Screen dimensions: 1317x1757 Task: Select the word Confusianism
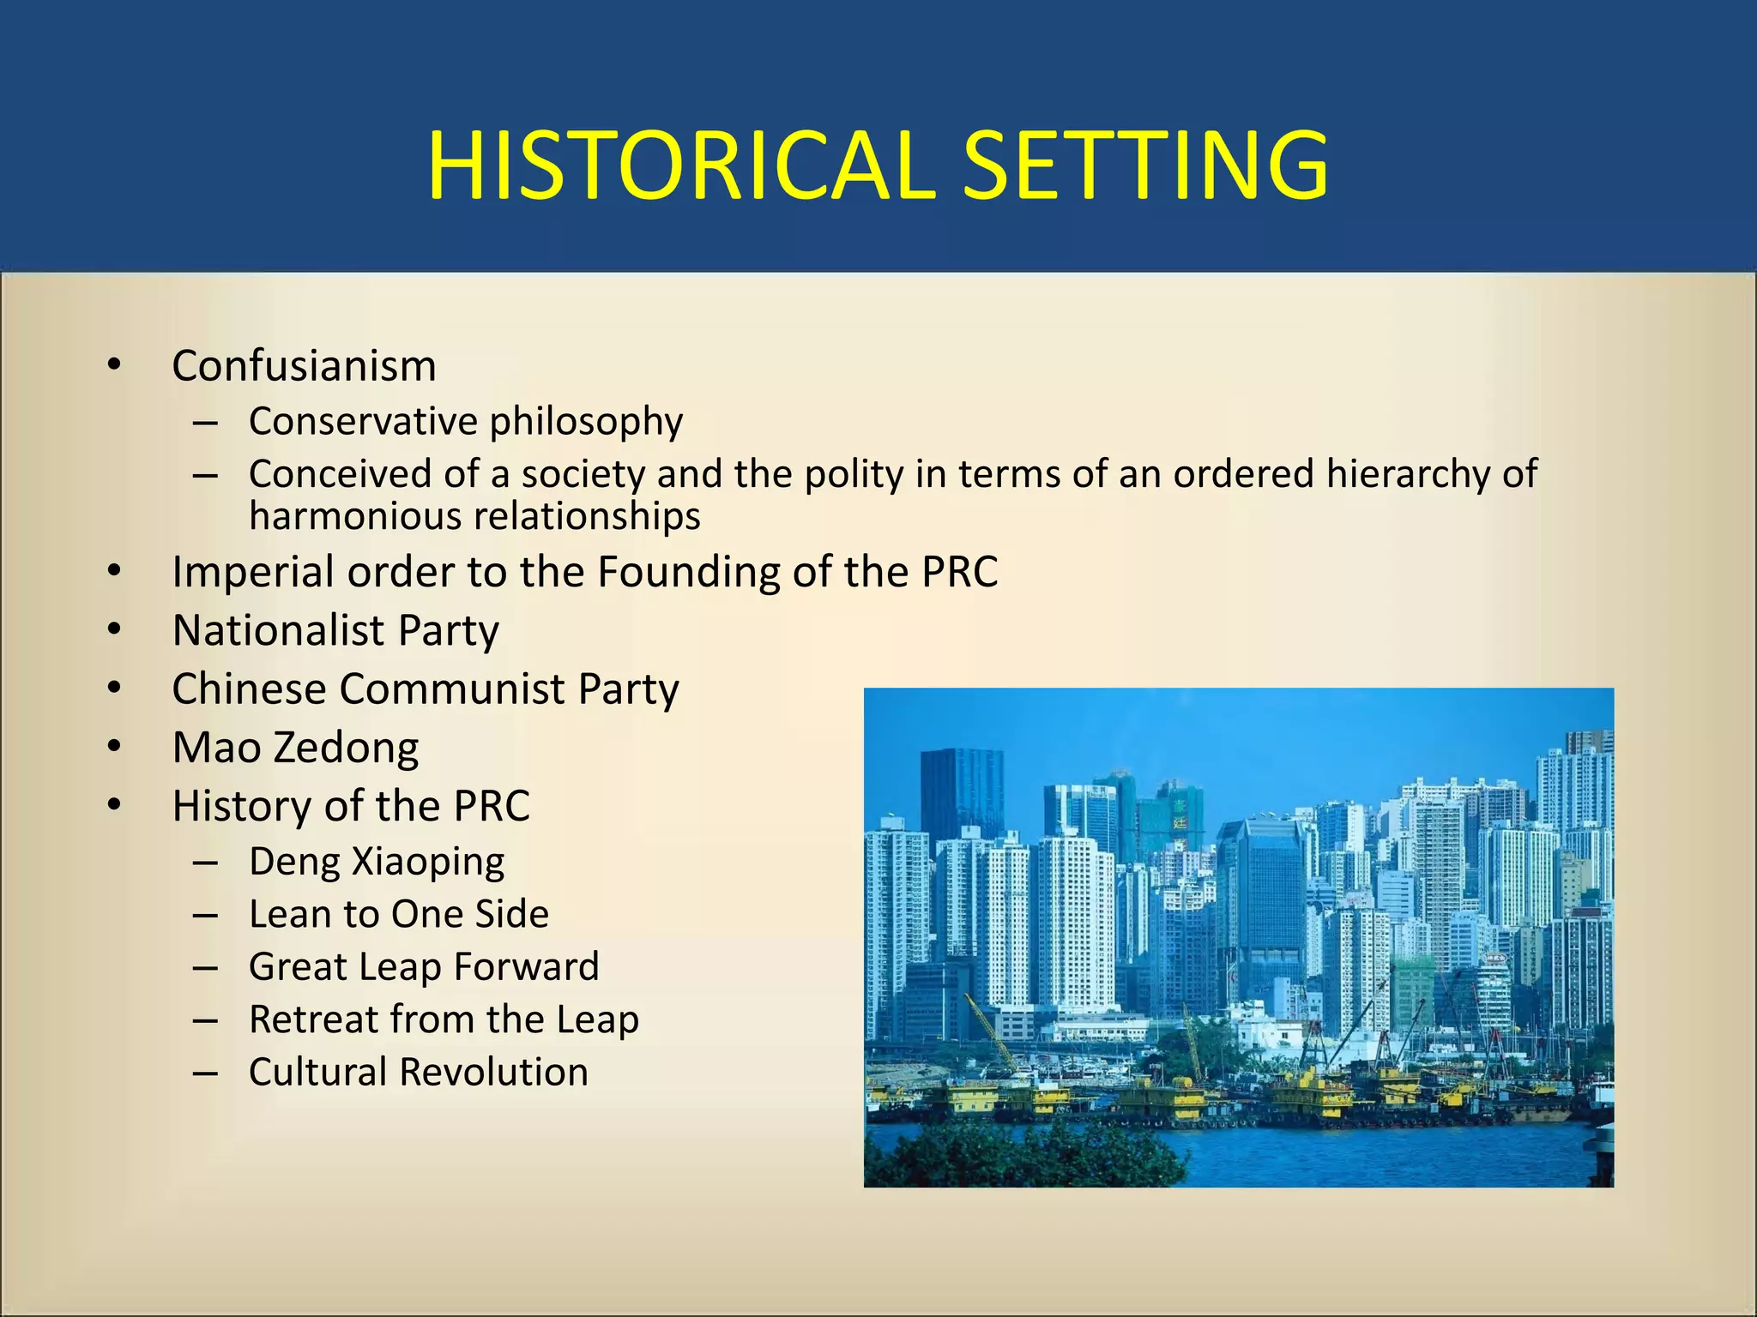tap(304, 366)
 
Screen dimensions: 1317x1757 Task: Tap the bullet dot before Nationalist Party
tap(115, 630)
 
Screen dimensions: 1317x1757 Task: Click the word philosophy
tap(586, 422)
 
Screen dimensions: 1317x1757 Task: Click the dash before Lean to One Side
tap(205, 915)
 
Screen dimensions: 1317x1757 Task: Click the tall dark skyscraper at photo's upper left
tap(961, 793)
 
